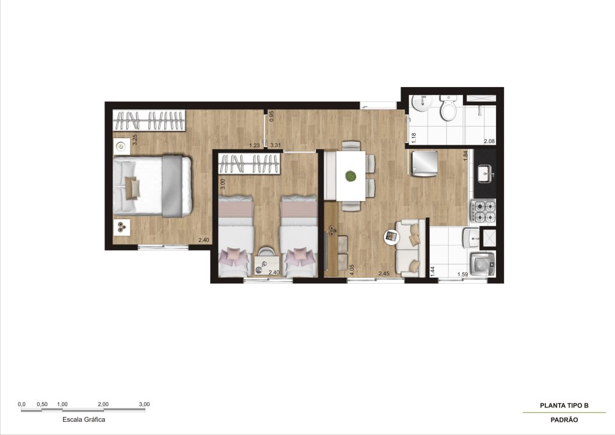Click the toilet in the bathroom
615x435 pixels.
point(448,108)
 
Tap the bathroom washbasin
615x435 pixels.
point(421,102)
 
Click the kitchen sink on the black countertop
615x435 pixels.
point(485,173)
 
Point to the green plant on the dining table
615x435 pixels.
point(351,175)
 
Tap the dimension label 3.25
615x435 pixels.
point(135,140)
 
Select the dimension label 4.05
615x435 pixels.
point(352,270)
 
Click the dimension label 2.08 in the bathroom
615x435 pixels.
point(489,141)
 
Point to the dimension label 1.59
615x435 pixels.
point(463,275)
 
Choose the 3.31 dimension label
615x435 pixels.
point(276,145)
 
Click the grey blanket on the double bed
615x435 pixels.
point(172,186)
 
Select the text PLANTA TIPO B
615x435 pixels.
point(564,406)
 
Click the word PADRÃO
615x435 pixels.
point(564,420)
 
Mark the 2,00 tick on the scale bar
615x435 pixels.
point(103,410)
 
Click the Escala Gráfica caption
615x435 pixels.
point(84,419)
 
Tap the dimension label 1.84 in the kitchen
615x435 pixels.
point(465,156)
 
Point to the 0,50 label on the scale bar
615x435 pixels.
point(42,404)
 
